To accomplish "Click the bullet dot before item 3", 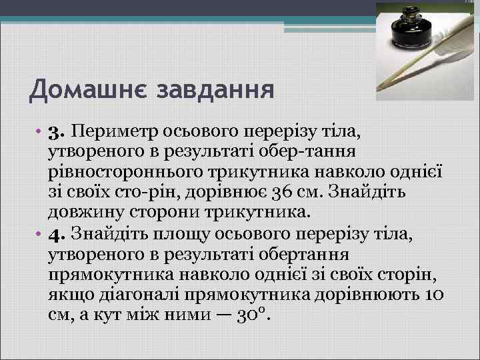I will point(39,128).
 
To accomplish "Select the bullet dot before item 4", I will point(39,233).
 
